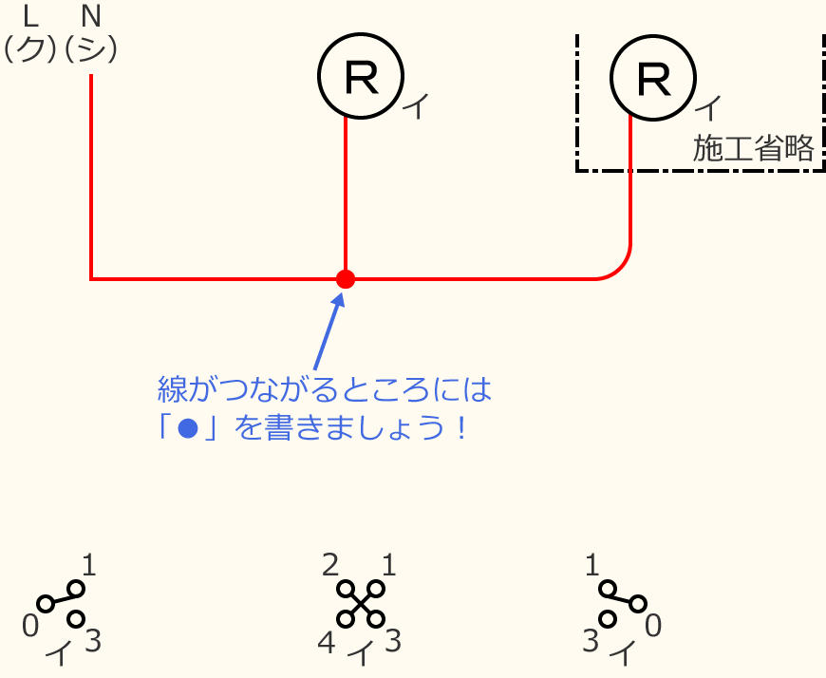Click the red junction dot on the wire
click(346, 279)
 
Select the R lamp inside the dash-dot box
click(653, 78)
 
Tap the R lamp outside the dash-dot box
click(361, 78)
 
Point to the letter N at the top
click(91, 16)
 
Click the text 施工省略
click(753, 149)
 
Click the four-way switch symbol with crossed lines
click(361, 604)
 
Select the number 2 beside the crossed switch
click(331, 566)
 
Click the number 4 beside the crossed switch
click(327, 643)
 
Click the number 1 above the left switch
click(89, 567)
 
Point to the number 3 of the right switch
click(591, 643)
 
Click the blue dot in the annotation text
click(188, 428)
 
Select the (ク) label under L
click(29, 49)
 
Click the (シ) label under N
click(91, 49)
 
